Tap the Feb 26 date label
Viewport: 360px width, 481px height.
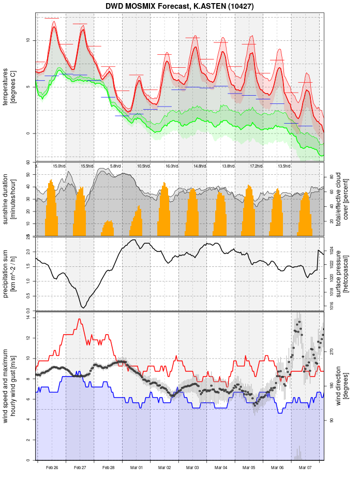52,468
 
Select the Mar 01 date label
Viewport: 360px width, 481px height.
137,468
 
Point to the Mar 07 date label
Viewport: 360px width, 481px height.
306,468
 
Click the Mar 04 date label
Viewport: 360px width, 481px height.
221,468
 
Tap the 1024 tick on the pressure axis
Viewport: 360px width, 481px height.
331,248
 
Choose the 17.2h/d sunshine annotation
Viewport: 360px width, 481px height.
256,166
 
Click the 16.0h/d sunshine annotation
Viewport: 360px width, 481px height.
171,166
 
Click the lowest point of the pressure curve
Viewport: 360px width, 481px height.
83,308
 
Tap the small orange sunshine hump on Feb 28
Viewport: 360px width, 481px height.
108,229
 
